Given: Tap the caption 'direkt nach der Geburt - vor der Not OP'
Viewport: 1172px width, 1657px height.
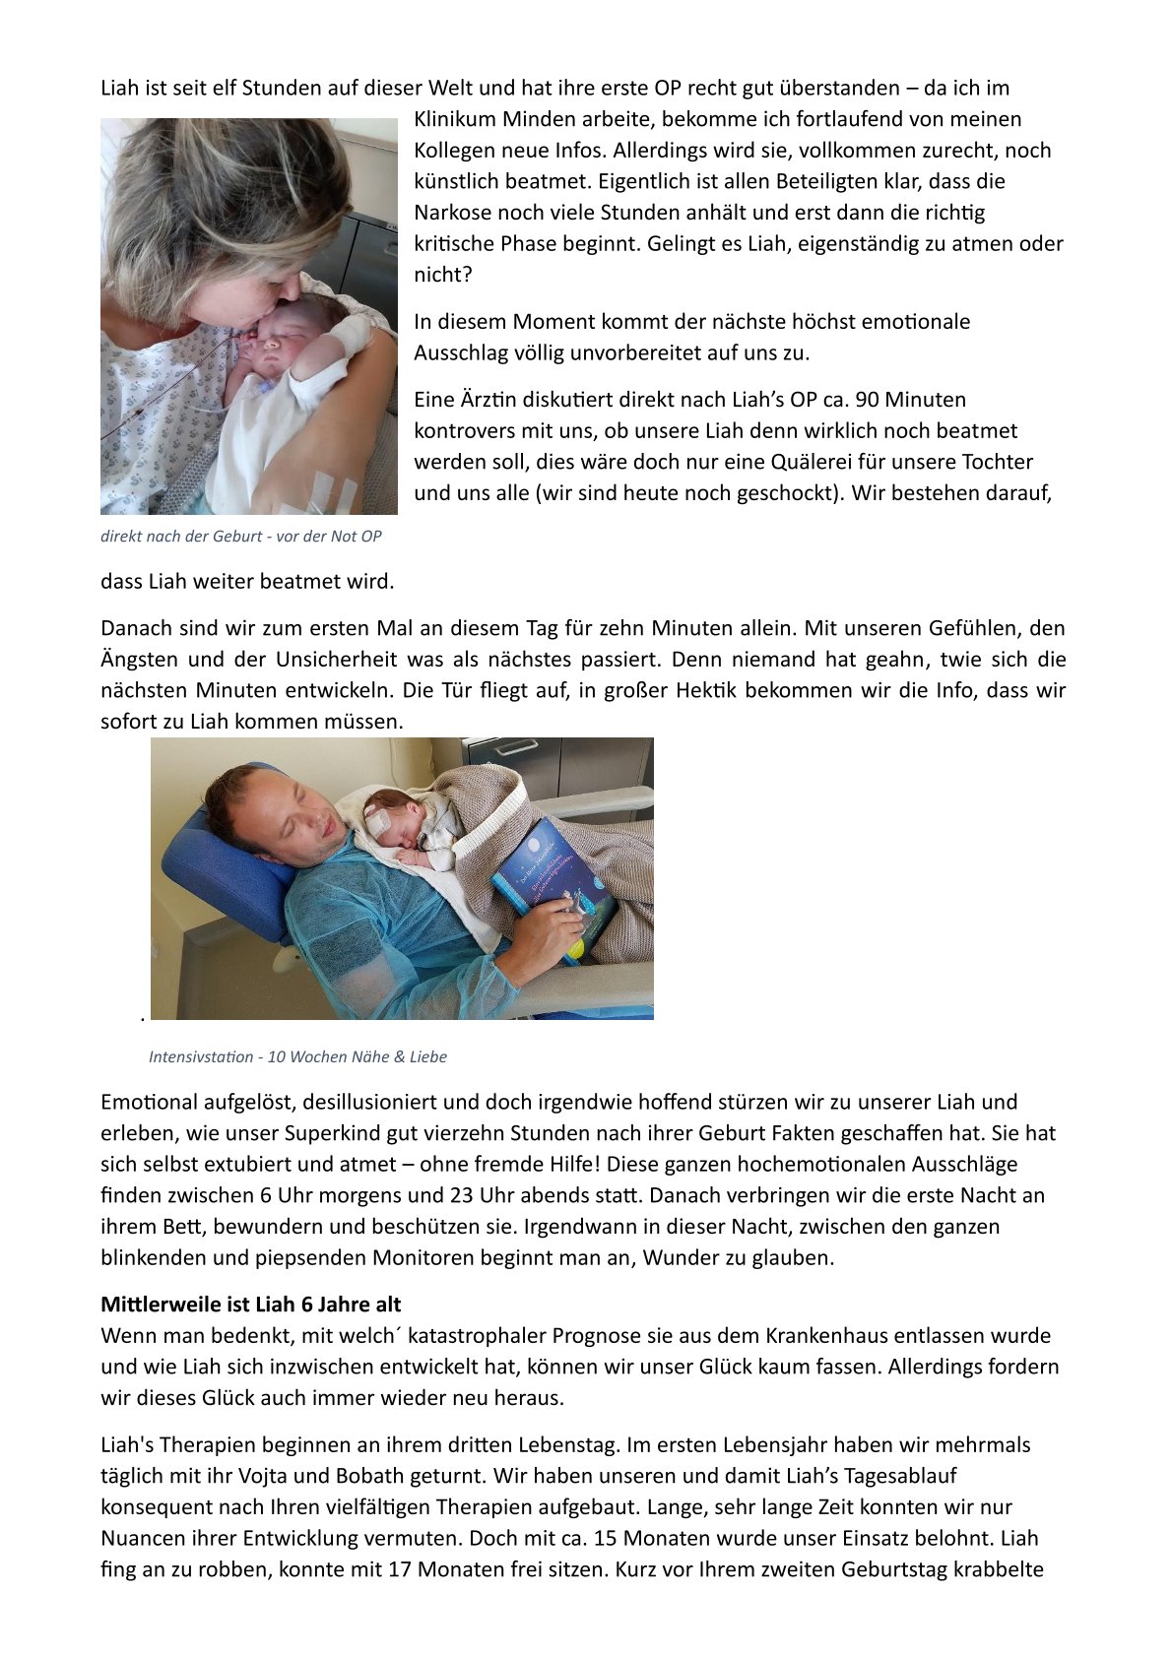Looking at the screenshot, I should [x=240, y=537].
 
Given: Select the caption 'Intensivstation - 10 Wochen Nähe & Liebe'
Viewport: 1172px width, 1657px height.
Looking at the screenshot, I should [x=297, y=1056].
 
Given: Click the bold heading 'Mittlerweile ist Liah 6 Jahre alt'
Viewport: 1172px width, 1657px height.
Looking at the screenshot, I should [x=250, y=1305].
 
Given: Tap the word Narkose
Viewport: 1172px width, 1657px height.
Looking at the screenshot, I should [x=454, y=213].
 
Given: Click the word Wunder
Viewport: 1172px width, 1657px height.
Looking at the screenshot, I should [x=677, y=1258].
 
